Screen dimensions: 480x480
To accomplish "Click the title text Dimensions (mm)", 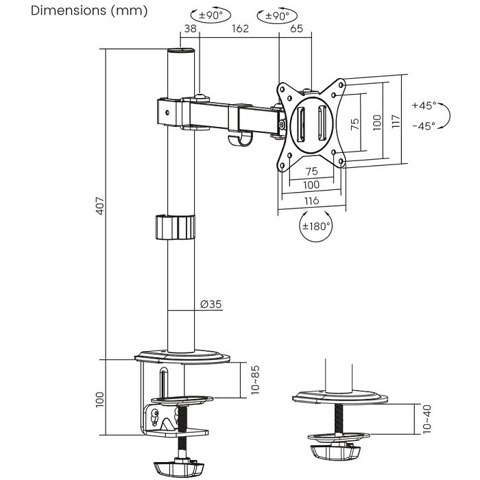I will [x=80, y=12].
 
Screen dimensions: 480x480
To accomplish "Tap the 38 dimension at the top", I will [x=190, y=29].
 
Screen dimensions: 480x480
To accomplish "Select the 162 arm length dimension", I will [x=239, y=29].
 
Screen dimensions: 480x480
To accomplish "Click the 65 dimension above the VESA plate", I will [x=296, y=29].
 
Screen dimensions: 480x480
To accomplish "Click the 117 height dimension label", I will [x=395, y=121].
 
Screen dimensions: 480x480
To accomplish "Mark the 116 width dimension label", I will [x=311, y=201].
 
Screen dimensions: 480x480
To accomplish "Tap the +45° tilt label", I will [x=424, y=106].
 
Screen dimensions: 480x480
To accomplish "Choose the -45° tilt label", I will [x=424, y=126].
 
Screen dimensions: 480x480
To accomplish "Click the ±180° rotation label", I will [x=316, y=226].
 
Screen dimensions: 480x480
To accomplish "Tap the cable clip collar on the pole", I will [x=172, y=227].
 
